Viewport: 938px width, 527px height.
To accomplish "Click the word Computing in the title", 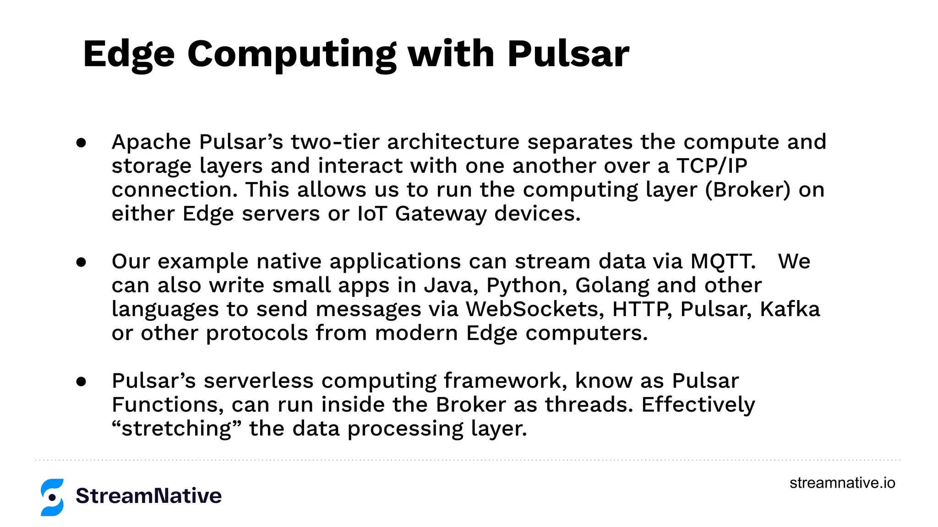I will click(291, 54).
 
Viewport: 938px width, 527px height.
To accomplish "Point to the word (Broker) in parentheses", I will click(747, 189).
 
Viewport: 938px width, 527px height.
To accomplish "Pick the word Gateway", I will click(441, 214).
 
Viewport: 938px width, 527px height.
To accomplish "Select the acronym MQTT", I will click(723, 261).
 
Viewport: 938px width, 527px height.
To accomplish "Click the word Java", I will click(451, 285).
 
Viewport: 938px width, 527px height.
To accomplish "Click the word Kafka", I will click(790, 309).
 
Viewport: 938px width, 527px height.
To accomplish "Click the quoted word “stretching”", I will click(176, 429).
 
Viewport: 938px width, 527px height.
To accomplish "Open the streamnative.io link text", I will click(842, 483).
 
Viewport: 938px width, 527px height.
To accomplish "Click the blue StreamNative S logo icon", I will click(52, 497).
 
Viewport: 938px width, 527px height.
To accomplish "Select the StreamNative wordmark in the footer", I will click(148, 496).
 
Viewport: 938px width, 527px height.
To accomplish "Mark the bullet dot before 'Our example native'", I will click(82, 262).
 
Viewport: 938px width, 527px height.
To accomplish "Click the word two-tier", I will click(335, 142).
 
